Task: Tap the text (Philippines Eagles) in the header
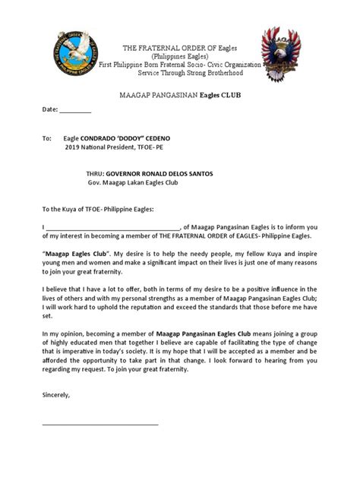[179, 56]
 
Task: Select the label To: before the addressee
[46, 139]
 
